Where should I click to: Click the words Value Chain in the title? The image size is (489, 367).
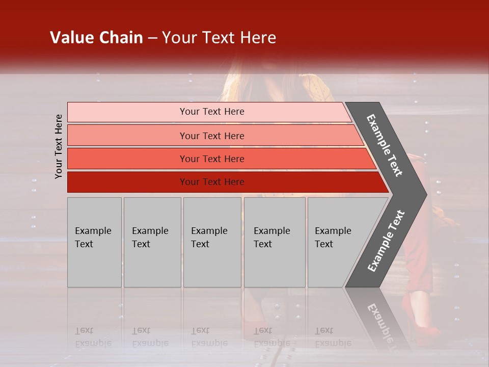point(96,38)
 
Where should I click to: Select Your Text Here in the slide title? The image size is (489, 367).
point(219,38)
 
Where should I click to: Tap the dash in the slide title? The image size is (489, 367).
point(152,38)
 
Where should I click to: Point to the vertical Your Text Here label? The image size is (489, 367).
point(59,146)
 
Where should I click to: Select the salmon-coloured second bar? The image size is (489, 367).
point(214,136)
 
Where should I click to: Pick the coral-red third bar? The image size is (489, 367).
point(219,159)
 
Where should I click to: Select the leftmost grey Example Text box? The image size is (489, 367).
point(94,242)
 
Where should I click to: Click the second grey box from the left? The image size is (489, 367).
point(152,242)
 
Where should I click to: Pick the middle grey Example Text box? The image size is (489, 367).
point(212,242)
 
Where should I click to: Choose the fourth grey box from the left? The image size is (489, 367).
point(275,242)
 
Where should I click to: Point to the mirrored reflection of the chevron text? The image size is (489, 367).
point(381,324)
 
